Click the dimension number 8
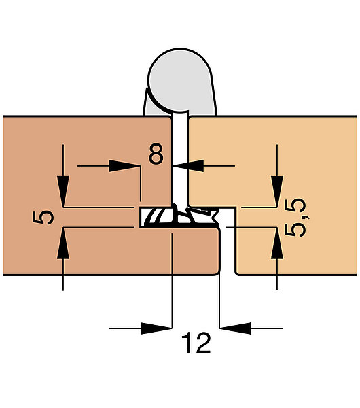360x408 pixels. point(156,154)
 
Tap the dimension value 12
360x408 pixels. point(196,343)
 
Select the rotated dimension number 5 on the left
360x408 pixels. point(43,218)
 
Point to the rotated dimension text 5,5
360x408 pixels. point(295,218)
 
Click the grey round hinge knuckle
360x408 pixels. point(180,80)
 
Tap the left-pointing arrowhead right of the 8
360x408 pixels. point(188,166)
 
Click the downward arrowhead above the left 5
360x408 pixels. point(63,191)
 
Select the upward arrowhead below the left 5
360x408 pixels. point(63,243)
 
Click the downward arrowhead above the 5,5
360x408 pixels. point(277,191)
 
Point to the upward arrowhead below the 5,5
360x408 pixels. point(277,243)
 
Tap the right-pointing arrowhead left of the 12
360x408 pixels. point(156,328)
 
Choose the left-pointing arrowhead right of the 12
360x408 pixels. point(236,328)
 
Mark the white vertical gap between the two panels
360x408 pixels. point(180,158)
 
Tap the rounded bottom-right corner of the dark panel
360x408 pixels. point(217,272)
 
